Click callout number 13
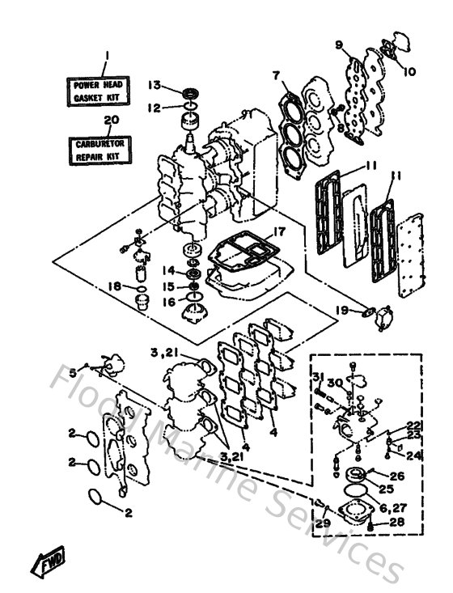pyautogui.click(x=155, y=87)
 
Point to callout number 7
pyautogui.click(x=276, y=75)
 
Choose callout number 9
pyautogui.click(x=339, y=44)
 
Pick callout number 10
pyautogui.click(x=409, y=71)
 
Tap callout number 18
pyautogui.click(x=116, y=286)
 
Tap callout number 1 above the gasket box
pyautogui.click(x=105, y=57)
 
